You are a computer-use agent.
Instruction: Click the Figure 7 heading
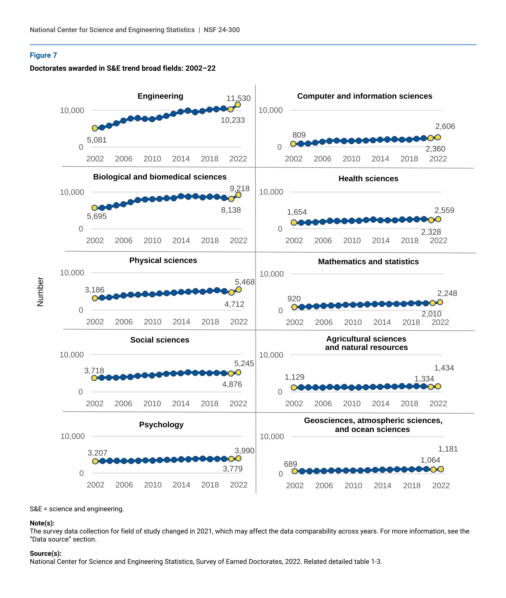(43, 55)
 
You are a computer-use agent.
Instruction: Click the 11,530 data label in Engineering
(238, 98)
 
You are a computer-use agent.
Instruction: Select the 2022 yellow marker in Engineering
(238, 105)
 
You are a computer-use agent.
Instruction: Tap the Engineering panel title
(160, 96)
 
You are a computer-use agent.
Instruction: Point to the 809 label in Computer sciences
(299, 135)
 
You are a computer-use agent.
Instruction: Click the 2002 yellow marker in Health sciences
(294, 223)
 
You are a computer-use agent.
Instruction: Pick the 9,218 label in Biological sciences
(239, 189)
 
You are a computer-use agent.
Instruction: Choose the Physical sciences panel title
(163, 260)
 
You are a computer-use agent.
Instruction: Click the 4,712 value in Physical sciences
(234, 304)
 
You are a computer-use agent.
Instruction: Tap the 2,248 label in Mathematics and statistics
(447, 293)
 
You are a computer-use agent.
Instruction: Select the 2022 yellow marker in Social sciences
(238, 372)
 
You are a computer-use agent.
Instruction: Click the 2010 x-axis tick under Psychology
(153, 485)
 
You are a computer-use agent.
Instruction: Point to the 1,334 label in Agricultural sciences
(424, 379)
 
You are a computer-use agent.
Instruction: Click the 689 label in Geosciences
(290, 464)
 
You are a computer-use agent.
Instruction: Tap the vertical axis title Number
(40, 292)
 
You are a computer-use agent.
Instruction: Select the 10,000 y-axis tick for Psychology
(72, 436)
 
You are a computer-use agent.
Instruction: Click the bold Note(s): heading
(42, 523)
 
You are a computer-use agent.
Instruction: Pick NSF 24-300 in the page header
(222, 30)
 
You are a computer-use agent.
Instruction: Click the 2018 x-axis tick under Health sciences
(410, 241)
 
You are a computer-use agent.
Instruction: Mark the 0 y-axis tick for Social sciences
(80, 392)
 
